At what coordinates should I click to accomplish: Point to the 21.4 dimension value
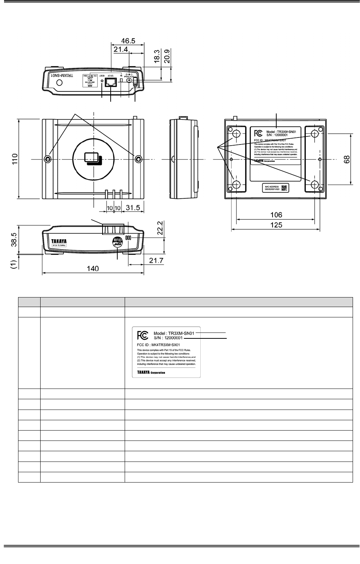[x=121, y=49]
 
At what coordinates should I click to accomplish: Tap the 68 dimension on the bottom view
[x=346, y=159]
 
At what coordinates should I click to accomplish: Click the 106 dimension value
[x=276, y=215]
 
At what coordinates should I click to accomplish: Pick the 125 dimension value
[x=276, y=224]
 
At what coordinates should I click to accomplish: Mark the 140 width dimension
[x=93, y=269]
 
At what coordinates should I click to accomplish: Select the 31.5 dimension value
[x=133, y=208]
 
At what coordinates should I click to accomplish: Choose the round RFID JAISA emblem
[x=117, y=241]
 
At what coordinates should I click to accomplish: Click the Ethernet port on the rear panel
[x=110, y=82]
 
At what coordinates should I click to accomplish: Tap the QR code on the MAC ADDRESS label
[x=284, y=188]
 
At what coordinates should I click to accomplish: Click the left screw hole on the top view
[x=48, y=159]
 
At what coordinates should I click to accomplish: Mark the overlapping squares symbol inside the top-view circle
[x=93, y=159]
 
